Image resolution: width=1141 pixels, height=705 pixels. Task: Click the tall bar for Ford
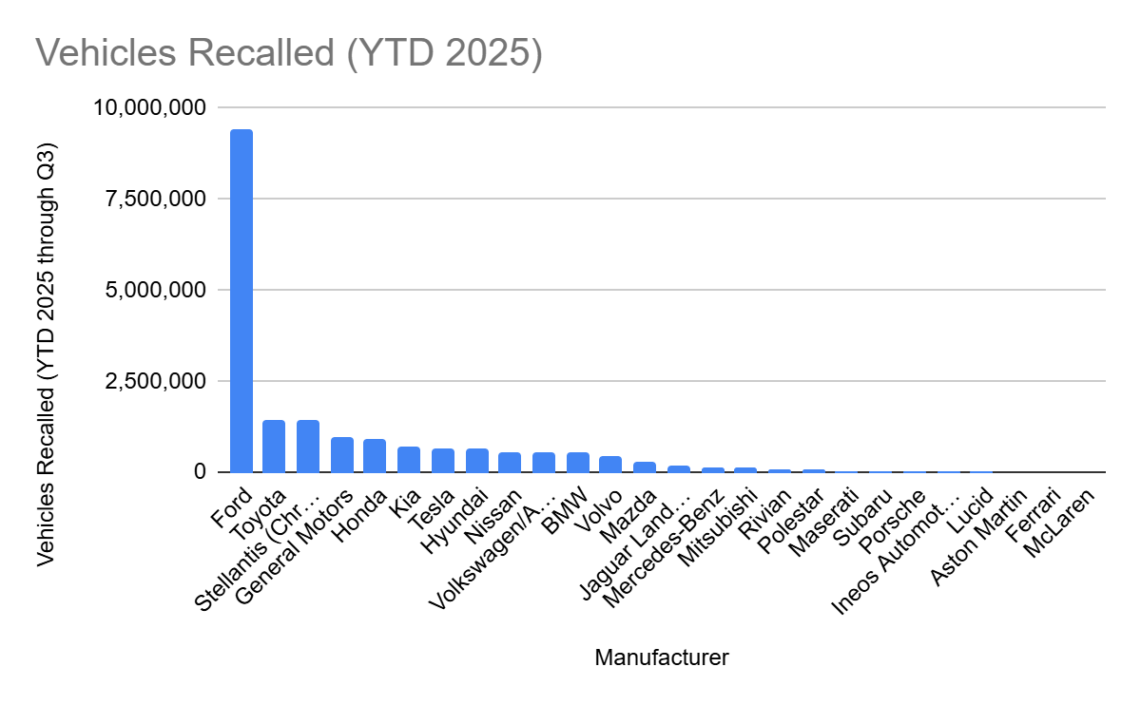pyautogui.click(x=242, y=300)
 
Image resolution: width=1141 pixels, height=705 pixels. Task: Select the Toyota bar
pyautogui.click(x=274, y=447)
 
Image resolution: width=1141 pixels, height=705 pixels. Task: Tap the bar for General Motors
pyautogui.click(x=342, y=455)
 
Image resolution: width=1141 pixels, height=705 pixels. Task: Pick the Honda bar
pyautogui.click(x=375, y=456)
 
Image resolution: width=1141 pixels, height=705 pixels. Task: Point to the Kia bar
pyautogui.click(x=409, y=460)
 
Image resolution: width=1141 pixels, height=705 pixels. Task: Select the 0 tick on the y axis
pyautogui.click(x=200, y=472)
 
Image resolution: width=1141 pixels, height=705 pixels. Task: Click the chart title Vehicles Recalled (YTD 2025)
pyautogui.click(x=289, y=54)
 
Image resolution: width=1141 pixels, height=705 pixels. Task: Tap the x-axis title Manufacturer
pyautogui.click(x=662, y=657)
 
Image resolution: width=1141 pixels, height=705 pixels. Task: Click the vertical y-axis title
pyautogui.click(x=47, y=355)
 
